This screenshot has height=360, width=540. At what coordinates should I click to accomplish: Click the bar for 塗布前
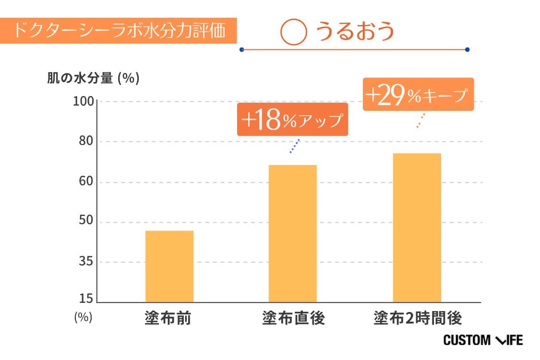(x=169, y=266)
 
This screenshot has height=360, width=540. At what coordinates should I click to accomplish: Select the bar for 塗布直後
(x=292, y=234)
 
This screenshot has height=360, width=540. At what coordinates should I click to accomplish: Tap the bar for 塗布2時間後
(x=417, y=228)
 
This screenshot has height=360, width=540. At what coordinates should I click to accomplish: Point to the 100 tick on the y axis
(x=84, y=102)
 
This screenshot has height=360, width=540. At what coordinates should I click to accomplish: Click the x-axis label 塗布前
(x=168, y=318)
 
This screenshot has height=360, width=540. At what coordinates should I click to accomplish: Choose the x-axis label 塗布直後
(x=293, y=318)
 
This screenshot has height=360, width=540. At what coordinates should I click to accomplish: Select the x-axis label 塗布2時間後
(x=418, y=318)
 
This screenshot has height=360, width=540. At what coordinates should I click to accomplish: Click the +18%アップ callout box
(x=292, y=120)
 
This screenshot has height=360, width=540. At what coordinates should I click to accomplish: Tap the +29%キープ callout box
(x=418, y=95)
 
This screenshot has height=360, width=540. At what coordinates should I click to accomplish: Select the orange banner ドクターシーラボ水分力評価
(x=119, y=31)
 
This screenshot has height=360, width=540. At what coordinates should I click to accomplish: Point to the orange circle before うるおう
(x=293, y=32)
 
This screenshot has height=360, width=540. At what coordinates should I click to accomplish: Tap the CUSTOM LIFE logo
(x=482, y=340)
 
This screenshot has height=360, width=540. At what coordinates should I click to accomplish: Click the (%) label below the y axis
(x=83, y=317)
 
